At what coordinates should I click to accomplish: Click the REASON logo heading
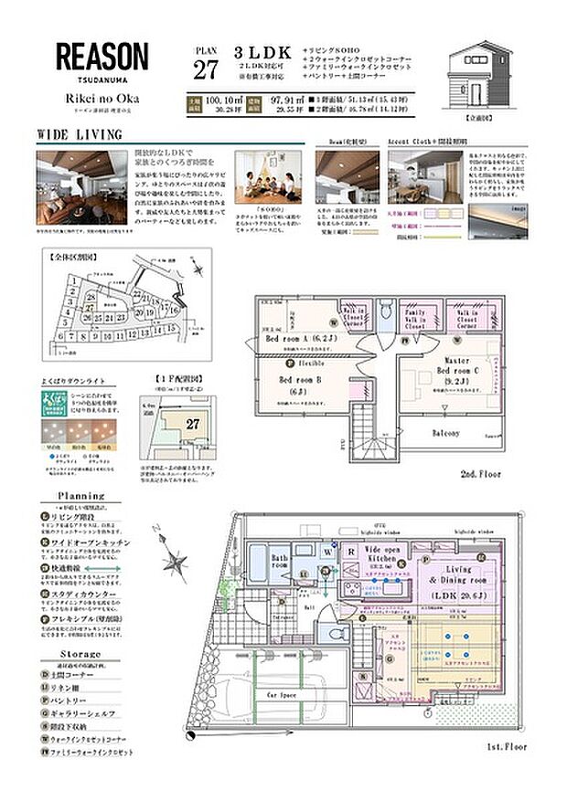coord(102,57)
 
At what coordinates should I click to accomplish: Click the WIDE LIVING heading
coord(80,134)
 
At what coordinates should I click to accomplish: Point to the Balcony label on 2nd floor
coord(447,432)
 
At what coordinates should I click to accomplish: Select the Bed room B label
coord(295,384)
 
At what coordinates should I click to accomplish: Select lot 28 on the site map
coord(91,298)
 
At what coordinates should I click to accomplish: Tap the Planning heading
coord(81,497)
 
